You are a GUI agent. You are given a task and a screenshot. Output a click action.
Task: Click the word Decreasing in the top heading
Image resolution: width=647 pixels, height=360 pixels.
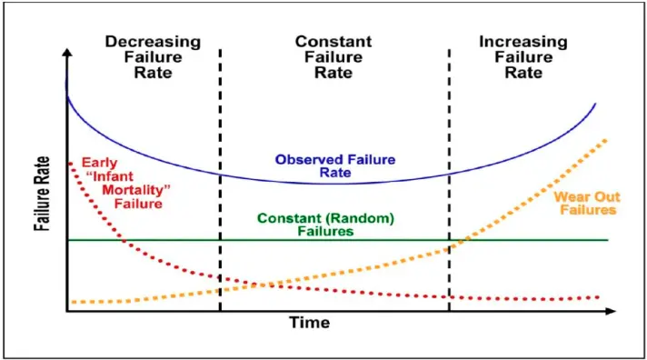(153, 42)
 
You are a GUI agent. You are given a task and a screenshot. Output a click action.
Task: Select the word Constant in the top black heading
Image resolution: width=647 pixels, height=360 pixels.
(333, 41)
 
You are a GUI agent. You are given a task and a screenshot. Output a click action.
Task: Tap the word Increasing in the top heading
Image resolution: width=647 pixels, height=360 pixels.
(523, 42)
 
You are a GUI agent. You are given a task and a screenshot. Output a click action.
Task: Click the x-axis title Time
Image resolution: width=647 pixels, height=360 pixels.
(310, 323)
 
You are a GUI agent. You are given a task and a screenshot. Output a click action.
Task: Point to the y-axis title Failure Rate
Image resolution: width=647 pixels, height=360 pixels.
(42, 194)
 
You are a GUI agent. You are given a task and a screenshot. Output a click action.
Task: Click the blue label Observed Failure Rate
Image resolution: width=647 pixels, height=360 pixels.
(335, 166)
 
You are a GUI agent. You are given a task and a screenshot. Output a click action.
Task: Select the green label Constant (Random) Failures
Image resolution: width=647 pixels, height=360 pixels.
(325, 225)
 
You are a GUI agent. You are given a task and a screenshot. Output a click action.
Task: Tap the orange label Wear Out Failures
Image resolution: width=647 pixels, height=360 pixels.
(587, 203)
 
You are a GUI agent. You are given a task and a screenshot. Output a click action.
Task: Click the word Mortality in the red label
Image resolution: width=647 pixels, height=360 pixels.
(136, 190)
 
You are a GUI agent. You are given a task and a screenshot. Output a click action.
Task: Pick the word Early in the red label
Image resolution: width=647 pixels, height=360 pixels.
(99, 163)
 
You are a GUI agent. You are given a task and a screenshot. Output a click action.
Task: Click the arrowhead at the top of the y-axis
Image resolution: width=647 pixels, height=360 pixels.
(67, 53)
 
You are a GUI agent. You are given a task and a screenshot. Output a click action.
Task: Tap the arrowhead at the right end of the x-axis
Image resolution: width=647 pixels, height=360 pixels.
(611, 311)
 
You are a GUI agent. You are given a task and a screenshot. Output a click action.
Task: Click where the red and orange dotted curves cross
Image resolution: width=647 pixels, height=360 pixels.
(259, 285)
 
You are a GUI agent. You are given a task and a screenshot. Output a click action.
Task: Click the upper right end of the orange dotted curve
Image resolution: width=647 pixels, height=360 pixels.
(606, 141)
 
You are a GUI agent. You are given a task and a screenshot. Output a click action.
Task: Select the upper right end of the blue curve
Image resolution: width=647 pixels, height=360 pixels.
(595, 104)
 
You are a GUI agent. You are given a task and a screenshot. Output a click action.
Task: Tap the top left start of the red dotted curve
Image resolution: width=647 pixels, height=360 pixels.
(70, 164)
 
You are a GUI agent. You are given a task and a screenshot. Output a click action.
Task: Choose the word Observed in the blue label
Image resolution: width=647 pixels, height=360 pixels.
(309, 160)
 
